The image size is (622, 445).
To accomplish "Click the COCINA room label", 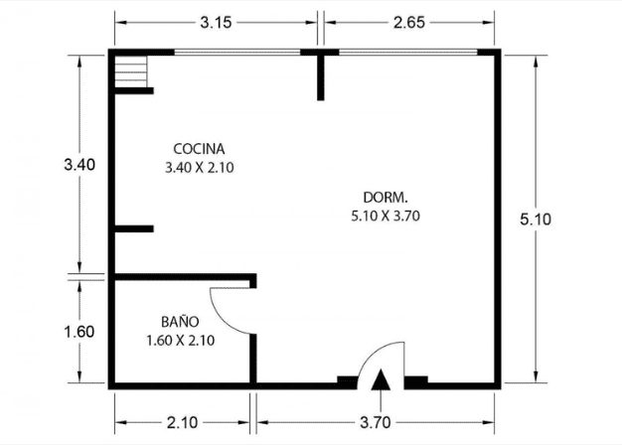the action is click(x=199, y=149).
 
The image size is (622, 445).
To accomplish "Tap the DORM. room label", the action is click(x=386, y=197).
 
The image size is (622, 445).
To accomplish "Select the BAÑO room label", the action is click(x=180, y=321).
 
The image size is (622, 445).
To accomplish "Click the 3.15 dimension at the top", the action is click(x=216, y=23).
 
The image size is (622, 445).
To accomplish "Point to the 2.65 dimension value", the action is click(x=409, y=23).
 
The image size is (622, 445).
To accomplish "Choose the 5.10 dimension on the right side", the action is click(x=536, y=219).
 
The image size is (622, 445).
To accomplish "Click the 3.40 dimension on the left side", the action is click(x=79, y=164).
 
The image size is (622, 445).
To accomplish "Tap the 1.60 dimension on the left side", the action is click(x=79, y=332).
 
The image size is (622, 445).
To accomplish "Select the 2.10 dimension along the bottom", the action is click(x=182, y=422).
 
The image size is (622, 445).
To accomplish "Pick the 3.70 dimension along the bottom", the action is click(x=376, y=422).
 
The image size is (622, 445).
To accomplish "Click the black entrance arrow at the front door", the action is click(x=381, y=380).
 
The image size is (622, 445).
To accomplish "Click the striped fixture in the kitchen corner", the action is click(x=131, y=72).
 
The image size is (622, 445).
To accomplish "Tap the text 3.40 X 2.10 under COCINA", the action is click(x=199, y=167).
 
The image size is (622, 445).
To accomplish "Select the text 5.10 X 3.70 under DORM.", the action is click(x=386, y=217).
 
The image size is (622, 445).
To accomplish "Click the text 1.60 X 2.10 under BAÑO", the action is click(x=181, y=341).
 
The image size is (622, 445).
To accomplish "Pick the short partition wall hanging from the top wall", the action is click(x=321, y=77).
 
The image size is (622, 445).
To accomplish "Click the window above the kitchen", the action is click(x=237, y=52).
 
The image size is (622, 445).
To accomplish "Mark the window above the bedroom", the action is click(x=408, y=52).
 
